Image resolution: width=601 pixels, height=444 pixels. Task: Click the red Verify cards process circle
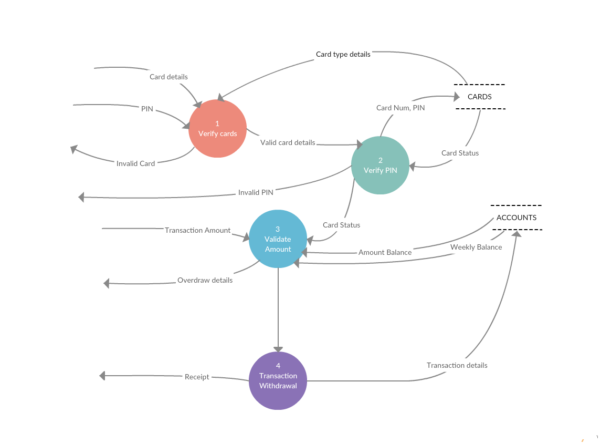tap(217, 129)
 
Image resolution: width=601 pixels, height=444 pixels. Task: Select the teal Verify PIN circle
tap(380, 165)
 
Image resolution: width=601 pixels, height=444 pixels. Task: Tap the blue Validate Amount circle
tap(278, 239)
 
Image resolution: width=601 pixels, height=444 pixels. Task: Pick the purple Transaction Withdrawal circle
tap(278, 380)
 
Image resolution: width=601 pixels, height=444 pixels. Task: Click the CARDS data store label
tap(479, 97)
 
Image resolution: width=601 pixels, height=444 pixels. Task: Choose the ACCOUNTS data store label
tap(516, 218)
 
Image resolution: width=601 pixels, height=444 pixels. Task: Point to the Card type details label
tap(343, 54)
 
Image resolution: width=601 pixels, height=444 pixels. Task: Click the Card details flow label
tap(168, 77)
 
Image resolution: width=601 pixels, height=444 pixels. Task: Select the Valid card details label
tap(288, 142)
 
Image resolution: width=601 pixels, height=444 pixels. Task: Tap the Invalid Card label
tap(135, 163)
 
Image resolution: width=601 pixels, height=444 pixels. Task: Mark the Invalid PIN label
tap(256, 192)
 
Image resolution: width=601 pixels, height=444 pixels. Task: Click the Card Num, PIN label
tap(400, 108)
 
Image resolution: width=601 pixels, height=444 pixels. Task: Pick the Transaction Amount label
tap(197, 230)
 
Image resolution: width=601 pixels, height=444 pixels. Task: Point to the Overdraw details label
tap(205, 280)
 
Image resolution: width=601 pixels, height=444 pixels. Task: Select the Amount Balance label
tap(385, 252)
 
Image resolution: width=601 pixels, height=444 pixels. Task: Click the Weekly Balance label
tap(476, 247)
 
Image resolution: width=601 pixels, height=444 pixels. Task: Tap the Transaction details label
tap(457, 365)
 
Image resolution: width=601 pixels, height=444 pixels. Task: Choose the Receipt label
tap(197, 377)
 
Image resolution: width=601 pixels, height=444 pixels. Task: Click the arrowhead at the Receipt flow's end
tap(102, 376)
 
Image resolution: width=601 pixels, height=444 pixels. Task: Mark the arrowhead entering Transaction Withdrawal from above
tap(278, 349)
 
